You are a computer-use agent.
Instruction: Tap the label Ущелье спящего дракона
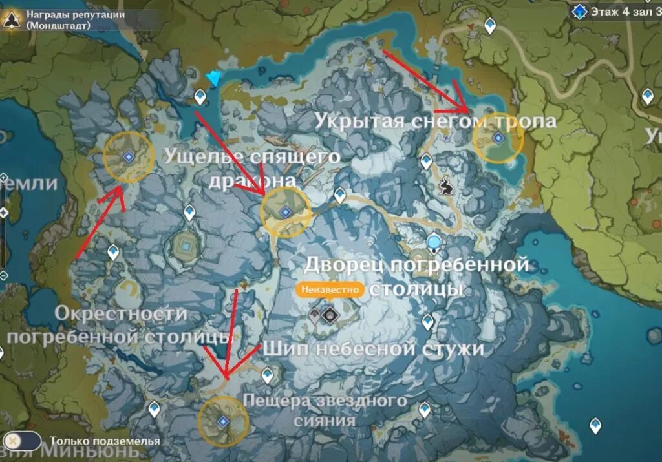click(251, 167)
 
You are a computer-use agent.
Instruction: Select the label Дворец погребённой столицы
click(416, 275)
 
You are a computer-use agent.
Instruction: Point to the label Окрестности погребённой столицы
click(120, 324)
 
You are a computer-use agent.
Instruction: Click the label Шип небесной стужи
click(372, 349)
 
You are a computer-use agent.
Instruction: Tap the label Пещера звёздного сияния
click(325, 410)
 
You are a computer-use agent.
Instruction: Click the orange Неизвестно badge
click(328, 289)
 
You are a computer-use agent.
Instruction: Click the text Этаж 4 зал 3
click(625, 11)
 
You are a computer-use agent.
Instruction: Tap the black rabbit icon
click(445, 187)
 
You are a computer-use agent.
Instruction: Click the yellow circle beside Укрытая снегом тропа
click(498, 138)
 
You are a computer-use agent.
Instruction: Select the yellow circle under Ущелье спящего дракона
click(285, 212)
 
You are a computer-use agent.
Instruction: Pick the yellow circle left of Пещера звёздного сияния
click(223, 422)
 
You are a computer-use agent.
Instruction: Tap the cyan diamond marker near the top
click(213, 78)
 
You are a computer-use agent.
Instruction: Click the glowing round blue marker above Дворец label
click(434, 243)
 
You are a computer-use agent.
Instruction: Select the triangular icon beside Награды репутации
click(11, 19)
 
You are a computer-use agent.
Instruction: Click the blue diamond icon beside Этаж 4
click(579, 11)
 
